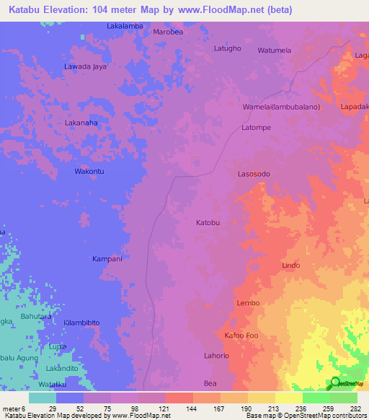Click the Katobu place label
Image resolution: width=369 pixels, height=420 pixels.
click(x=208, y=223)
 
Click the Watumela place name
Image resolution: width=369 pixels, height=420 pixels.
click(x=275, y=51)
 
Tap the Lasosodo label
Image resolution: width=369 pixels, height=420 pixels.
click(x=254, y=175)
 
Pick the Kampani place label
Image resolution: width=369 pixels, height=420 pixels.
click(x=107, y=258)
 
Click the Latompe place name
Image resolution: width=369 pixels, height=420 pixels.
click(x=256, y=128)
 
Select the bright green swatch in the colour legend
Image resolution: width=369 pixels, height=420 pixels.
click(x=316, y=398)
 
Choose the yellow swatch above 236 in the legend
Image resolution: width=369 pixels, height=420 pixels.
click(x=288, y=398)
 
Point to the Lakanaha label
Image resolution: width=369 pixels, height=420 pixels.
click(x=81, y=123)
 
